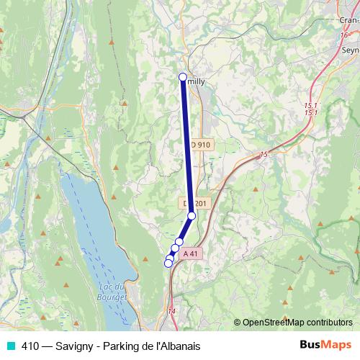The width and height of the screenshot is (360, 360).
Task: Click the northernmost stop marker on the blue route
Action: coord(183,77)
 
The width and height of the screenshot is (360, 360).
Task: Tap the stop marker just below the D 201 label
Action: coord(192,215)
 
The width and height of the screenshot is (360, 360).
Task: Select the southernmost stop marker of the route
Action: coord(168,263)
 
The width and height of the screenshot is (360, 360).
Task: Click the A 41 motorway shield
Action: coord(190,253)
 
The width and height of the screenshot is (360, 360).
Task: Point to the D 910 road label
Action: coord(201,145)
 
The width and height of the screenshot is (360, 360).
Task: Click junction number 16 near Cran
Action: coord(345,35)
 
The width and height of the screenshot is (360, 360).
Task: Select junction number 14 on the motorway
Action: coord(171,311)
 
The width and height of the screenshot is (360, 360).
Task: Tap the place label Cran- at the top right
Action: coord(348,20)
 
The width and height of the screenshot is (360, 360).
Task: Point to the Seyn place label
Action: coord(350,50)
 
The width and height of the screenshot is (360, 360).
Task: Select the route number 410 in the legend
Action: coord(30,346)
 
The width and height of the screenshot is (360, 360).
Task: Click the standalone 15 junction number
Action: coord(263,154)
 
